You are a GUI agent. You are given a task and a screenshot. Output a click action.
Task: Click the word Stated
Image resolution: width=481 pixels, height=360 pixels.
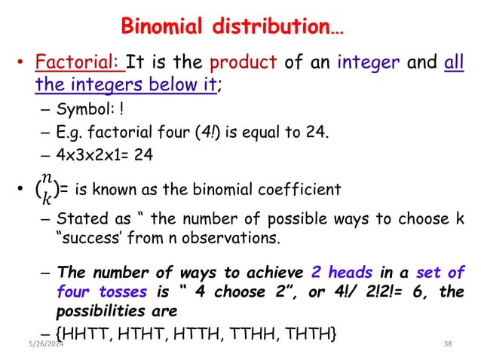click(78, 222)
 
